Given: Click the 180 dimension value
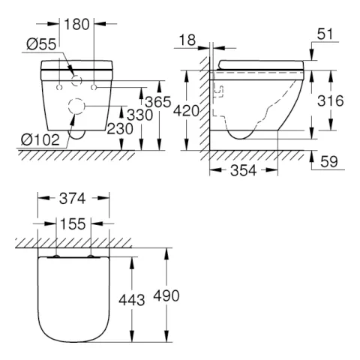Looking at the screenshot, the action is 76,25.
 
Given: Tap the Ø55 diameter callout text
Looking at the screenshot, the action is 41,45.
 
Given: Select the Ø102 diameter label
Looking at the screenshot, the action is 40,139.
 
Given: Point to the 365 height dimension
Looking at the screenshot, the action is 158,102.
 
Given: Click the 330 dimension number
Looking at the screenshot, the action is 139,115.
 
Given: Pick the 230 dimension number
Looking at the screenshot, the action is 120,129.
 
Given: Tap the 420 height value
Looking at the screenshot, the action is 186,111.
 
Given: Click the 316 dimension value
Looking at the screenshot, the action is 331,101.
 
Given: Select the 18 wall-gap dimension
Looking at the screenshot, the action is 187,40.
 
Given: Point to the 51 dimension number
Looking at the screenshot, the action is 325,34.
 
